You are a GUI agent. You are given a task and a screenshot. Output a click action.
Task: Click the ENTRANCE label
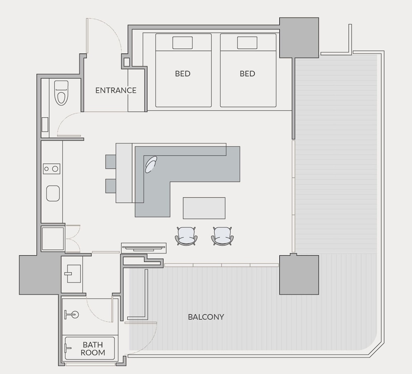coord(116,90)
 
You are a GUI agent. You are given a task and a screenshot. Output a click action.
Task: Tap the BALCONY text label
coord(206,317)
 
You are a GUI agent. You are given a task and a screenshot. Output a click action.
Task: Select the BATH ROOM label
coord(93,348)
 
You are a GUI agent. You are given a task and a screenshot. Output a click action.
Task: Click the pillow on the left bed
coord(183,43)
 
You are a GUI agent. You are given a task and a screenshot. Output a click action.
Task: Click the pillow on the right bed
coord(247,43)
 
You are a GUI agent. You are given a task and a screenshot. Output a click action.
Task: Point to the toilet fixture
coord(61,93)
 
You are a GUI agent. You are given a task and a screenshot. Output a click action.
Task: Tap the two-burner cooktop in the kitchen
coord(51,169)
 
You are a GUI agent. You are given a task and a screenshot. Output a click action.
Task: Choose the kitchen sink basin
coord(53,193)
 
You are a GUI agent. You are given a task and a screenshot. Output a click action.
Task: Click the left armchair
coord(186,236)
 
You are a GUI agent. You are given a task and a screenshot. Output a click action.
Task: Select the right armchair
coord(222,236)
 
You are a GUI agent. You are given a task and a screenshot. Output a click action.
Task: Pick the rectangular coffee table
coord(204,208)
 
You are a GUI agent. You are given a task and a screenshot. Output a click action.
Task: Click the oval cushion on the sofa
coord(151,164)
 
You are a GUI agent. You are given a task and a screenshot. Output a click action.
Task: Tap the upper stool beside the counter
coord(110,161)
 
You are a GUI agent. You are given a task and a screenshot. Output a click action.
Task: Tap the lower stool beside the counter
coord(110,186)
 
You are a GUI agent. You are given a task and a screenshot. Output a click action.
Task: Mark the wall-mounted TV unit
coord(144,248)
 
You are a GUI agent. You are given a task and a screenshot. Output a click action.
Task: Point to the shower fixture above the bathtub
coord(71,314)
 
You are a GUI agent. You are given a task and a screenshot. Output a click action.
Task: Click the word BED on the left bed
coord(183,74)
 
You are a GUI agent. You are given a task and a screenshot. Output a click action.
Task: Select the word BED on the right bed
coord(248,74)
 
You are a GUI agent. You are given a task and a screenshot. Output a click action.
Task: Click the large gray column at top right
coord(299,38)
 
